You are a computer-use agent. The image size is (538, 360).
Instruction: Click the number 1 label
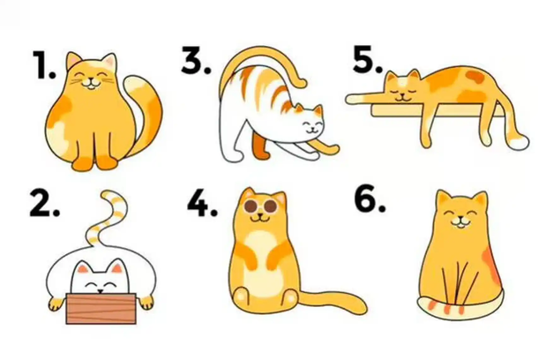[x=44, y=64]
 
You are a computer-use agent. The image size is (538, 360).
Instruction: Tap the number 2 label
[x=45, y=204]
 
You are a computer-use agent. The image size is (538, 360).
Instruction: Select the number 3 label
[x=196, y=60]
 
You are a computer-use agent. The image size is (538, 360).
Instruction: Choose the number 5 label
[x=368, y=60]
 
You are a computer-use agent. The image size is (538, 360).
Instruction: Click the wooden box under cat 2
[x=101, y=309]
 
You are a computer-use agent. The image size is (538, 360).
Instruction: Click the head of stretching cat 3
[x=310, y=122]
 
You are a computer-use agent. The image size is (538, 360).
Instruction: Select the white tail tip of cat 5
[x=518, y=141]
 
